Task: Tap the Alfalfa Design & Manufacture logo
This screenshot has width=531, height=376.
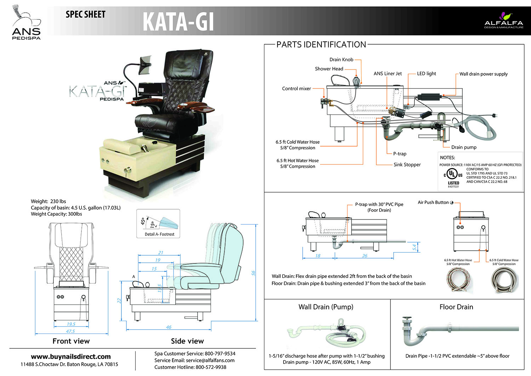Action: click(x=503, y=21)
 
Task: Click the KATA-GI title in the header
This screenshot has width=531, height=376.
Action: click(x=178, y=22)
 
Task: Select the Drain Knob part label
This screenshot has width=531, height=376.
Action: click(x=341, y=59)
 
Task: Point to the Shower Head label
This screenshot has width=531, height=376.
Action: click(x=329, y=69)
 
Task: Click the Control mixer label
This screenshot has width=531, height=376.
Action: click(x=296, y=89)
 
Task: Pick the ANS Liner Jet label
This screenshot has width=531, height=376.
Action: click(x=388, y=74)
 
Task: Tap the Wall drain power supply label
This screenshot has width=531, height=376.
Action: click(x=483, y=74)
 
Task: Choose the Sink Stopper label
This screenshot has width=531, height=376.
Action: click(x=407, y=165)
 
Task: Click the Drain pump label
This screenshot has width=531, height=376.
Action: click(x=464, y=147)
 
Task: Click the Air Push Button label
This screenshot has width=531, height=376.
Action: click(x=433, y=203)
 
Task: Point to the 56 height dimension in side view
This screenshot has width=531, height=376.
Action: click(x=253, y=273)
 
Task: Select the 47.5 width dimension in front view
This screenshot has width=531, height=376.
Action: click(x=70, y=331)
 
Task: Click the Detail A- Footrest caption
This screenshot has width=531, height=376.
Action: click(x=159, y=234)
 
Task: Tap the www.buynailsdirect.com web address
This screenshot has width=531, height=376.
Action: click(x=71, y=357)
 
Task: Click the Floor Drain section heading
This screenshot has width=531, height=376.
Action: click(x=456, y=307)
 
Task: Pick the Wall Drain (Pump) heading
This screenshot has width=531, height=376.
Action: click(x=326, y=307)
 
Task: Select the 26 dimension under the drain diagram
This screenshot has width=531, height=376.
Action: click(x=365, y=256)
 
